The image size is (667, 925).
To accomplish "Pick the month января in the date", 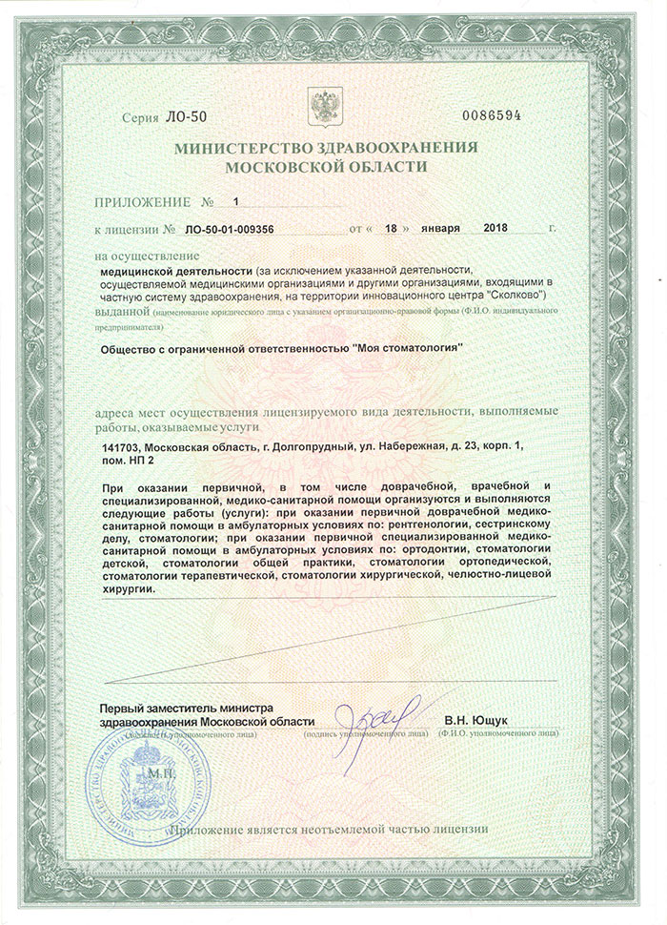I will coord(439,230).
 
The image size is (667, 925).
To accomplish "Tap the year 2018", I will coord(497,230).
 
